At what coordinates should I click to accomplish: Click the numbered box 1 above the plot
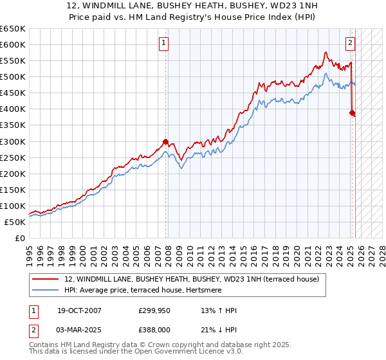click(164, 44)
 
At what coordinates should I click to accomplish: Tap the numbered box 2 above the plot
click(350, 44)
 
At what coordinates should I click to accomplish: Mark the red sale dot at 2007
click(165, 141)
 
